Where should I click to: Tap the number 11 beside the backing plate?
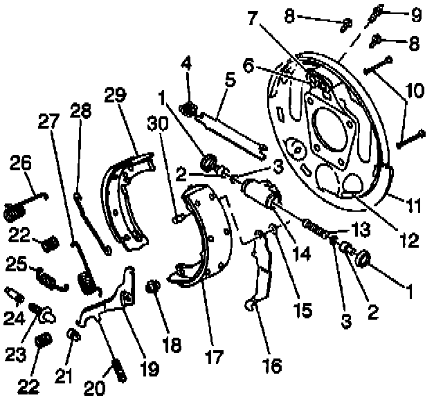coord(415,206)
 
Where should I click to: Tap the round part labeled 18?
coord(154,285)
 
